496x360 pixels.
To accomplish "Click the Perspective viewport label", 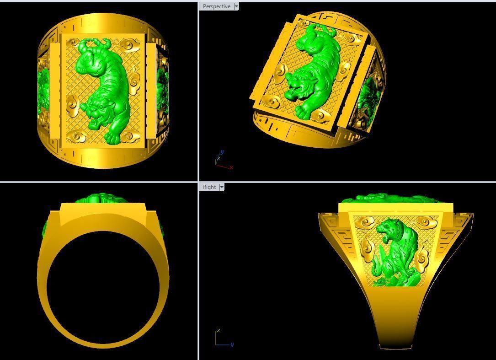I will [216, 6].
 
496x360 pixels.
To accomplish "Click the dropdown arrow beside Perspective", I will [236, 6].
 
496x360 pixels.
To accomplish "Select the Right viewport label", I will [209, 187].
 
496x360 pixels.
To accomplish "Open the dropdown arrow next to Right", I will [222, 187].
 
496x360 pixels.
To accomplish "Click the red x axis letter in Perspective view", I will [232, 167].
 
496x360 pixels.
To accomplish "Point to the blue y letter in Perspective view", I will [222, 152].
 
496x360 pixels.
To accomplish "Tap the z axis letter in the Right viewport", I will [219, 330].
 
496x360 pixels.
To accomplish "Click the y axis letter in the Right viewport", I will [232, 344].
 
